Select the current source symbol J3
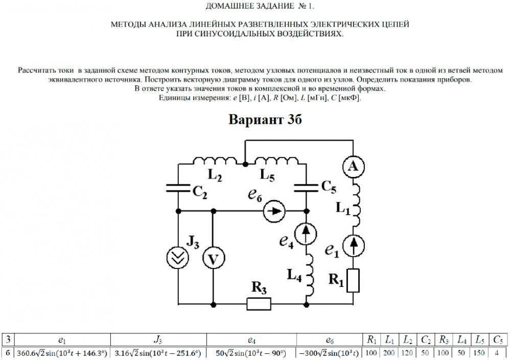coord(178,259)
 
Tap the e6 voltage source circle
coord(274,211)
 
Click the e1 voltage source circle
coord(353,246)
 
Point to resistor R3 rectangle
coord(259,304)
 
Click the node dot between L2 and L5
coord(245,164)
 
